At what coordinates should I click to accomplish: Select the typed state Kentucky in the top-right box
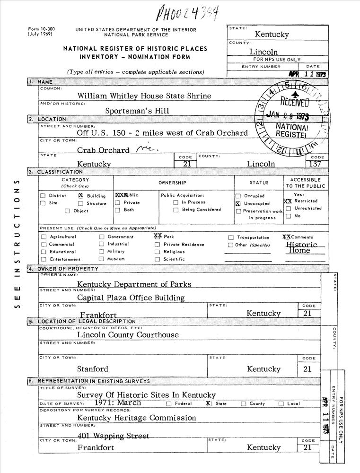pos(272,34)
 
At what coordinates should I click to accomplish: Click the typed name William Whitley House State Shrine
pos(144,96)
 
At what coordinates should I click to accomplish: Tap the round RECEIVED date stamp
pos(292,115)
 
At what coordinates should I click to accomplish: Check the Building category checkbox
pos(80,196)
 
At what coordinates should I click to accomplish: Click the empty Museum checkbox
pos(101,259)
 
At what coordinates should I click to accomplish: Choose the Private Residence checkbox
pos(157,245)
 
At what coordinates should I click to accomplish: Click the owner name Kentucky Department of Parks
pos(134,284)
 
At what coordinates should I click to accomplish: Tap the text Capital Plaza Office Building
pos(131,298)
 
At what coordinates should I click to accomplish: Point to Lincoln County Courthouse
pos(128,335)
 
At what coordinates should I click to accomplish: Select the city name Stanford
pos(93,369)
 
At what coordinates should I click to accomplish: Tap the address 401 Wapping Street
pos(113,436)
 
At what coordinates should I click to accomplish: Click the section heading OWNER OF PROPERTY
pos(68,269)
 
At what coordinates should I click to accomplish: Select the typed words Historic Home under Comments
pos(301,247)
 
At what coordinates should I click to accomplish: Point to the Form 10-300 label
pos(42,29)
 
